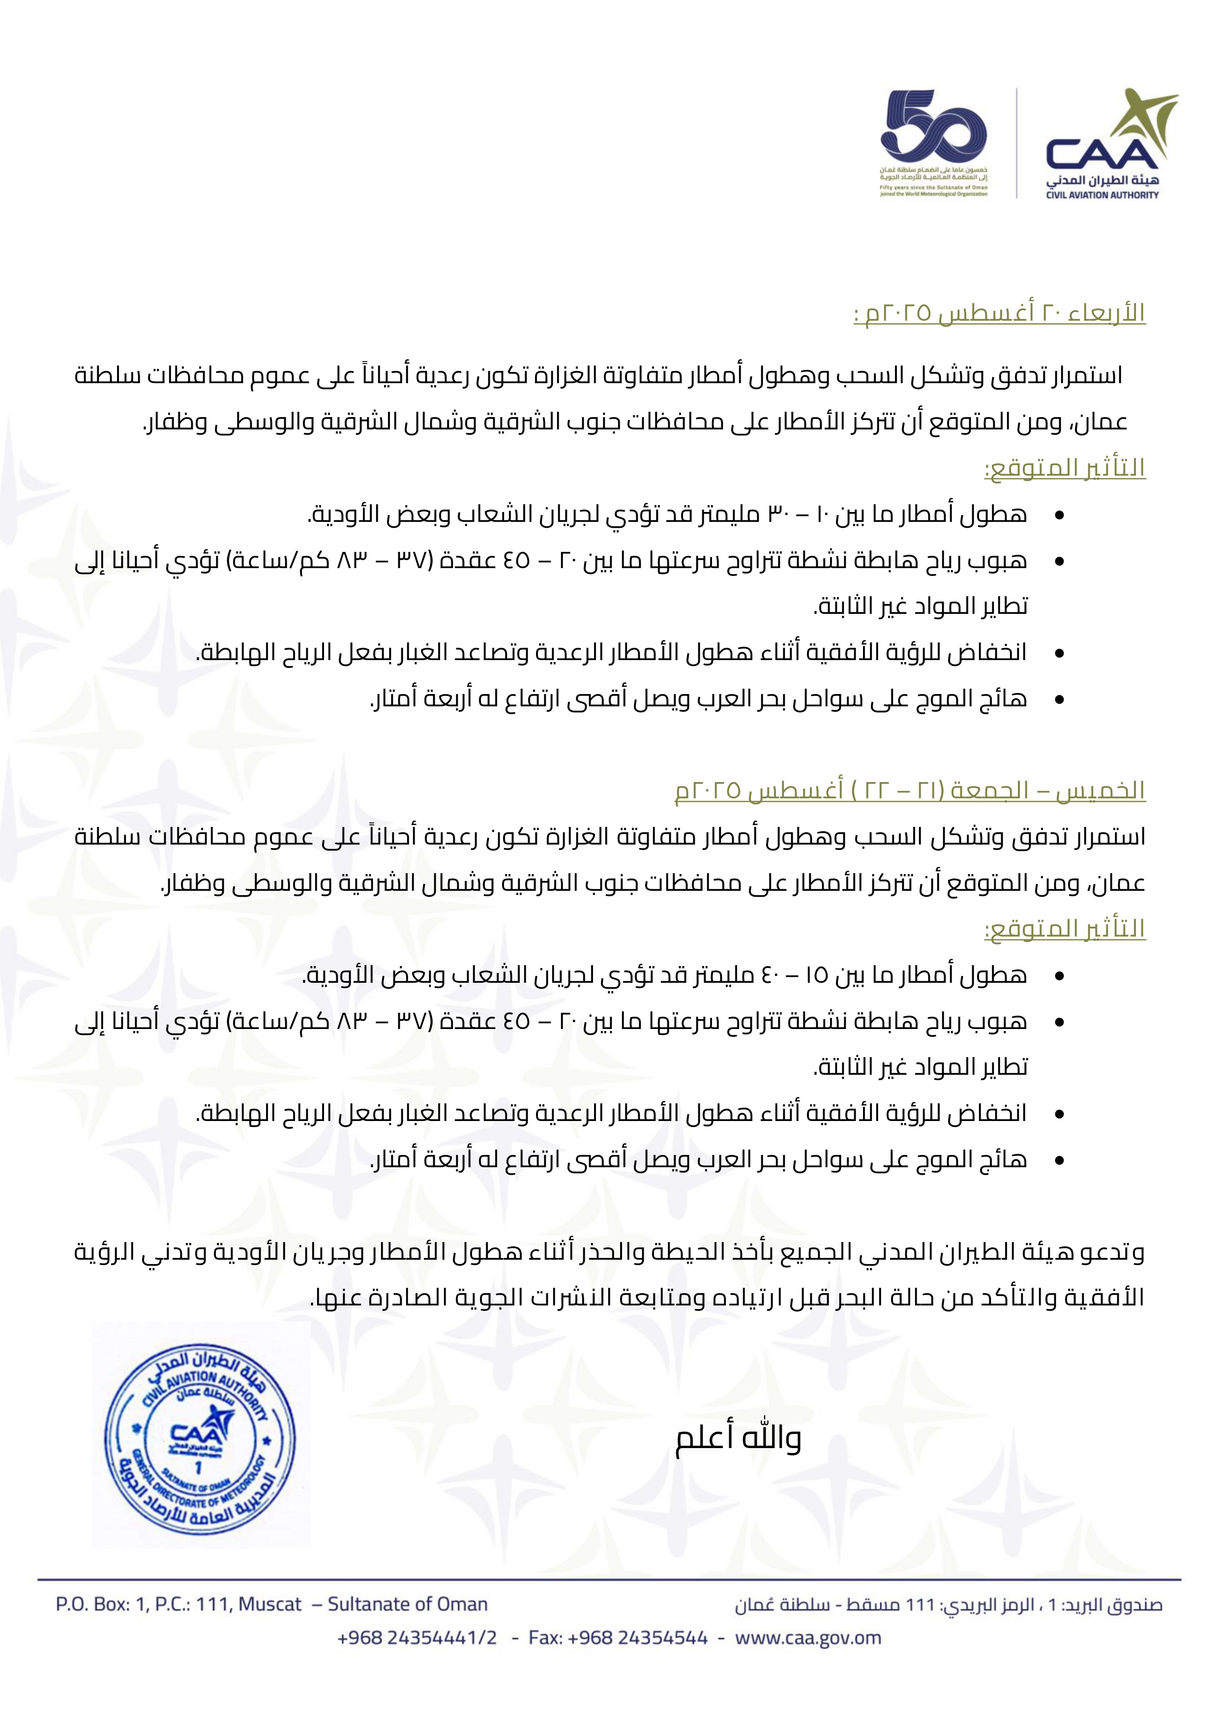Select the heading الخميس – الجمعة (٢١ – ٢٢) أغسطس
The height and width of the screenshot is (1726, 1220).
tap(910, 790)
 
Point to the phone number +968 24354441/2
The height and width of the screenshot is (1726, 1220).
tap(417, 1638)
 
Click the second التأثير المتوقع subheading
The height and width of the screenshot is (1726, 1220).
tap(1065, 929)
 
